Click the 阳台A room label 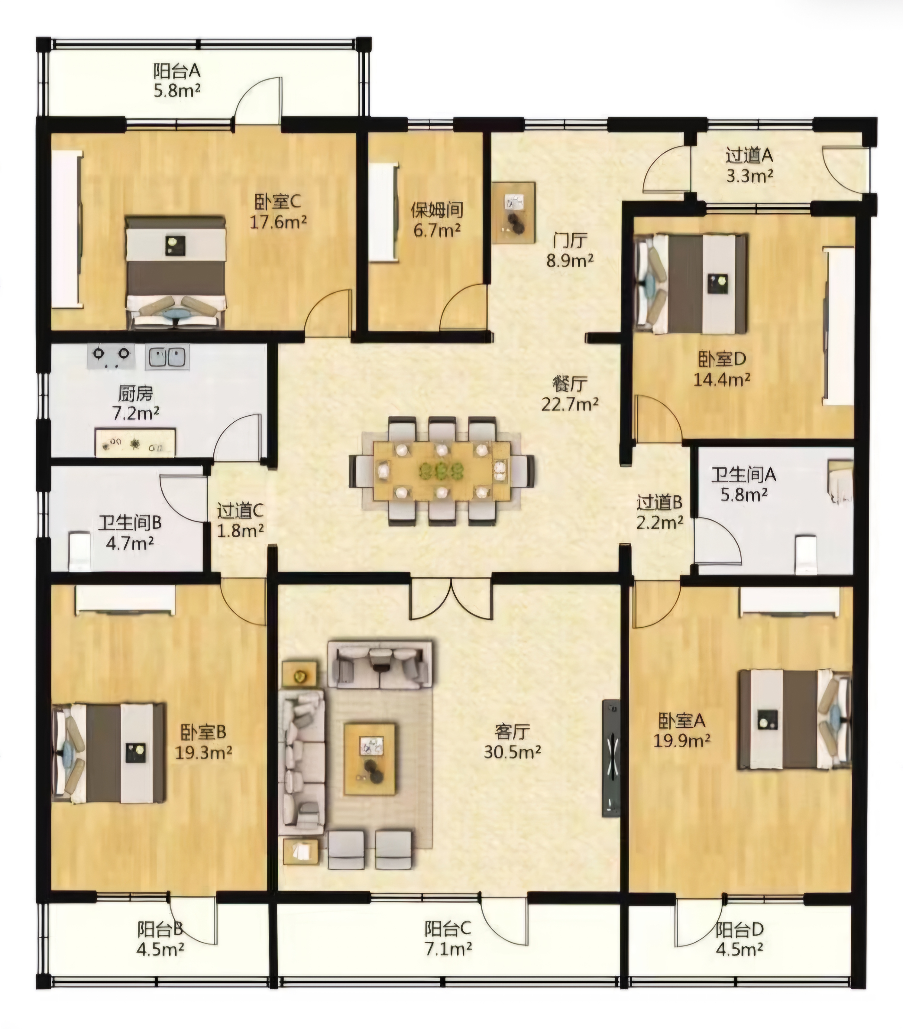click(x=177, y=71)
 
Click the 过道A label click(x=749, y=156)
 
